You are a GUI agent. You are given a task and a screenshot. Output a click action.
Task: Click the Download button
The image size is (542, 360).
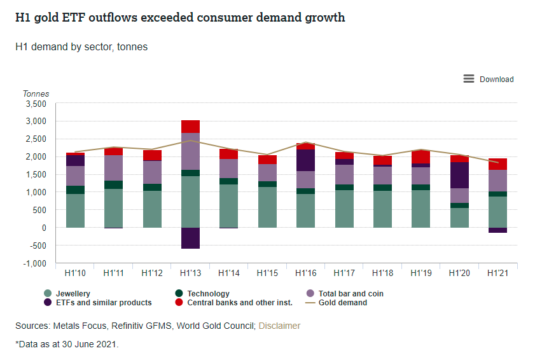point(496,80)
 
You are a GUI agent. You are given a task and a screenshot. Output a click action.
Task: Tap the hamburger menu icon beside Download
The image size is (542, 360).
point(469,79)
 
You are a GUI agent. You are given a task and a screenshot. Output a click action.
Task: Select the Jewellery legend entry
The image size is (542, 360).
point(73,294)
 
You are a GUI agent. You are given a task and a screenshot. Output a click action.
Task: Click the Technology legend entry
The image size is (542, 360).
point(208,294)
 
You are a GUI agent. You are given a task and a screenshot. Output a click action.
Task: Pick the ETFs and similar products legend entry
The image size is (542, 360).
point(102,303)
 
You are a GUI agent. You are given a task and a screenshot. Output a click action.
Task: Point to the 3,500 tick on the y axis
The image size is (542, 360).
point(36,104)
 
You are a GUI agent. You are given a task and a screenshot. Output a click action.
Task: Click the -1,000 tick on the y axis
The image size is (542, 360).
point(34,263)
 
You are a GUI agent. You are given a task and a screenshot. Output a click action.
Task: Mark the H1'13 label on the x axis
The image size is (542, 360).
point(190,273)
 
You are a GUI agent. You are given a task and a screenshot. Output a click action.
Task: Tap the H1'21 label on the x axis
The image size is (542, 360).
point(497,273)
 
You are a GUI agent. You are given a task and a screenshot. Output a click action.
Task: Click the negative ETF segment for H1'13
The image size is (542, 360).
point(190,238)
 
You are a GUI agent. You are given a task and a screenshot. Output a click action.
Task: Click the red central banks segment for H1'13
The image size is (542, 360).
point(190,127)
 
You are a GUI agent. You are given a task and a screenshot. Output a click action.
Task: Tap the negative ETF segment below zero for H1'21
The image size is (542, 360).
point(497,230)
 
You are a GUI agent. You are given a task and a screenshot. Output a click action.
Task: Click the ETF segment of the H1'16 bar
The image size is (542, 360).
point(305,160)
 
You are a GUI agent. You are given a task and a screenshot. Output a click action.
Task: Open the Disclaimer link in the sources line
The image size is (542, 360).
point(279,326)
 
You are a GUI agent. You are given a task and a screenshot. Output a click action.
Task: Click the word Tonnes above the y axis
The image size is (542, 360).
point(36,93)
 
